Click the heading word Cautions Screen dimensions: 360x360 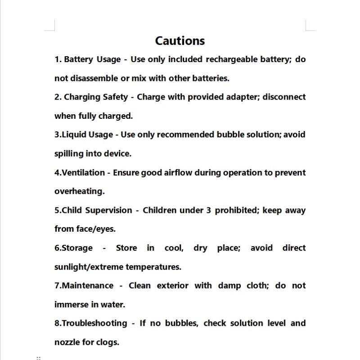(x=180, y=41)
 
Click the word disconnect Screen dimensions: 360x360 (x=284, y=97)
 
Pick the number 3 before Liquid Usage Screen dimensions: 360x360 (x=57, y=135)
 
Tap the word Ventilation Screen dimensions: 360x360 (x=83, y=172)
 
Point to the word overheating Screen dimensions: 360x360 (x=79, y=191)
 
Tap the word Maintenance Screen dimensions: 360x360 (x=87, y=286)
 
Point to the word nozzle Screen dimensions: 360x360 (x=67, y=342)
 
